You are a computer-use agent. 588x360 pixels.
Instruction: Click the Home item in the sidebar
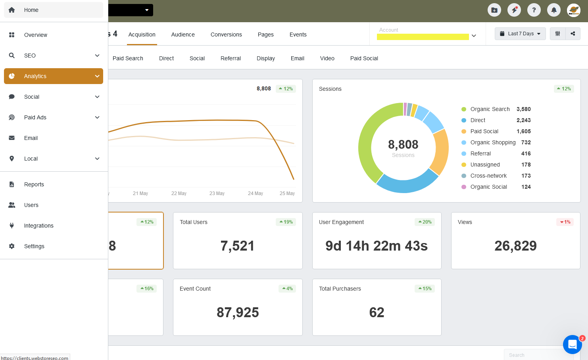(x=31, y=10)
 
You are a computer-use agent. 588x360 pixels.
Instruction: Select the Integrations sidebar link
(x=38, y=226)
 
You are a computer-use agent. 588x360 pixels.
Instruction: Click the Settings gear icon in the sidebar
(x=12, y=246)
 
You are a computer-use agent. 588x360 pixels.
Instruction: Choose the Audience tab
(x=183, y=34)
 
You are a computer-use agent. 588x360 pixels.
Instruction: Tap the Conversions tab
(x=226, y=34)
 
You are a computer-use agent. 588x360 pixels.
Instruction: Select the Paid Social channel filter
(x=364, y=58)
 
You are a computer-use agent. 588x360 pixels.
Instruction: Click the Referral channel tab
(x=231, y=58)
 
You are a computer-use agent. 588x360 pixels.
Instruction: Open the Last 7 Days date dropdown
(x=520, y=34)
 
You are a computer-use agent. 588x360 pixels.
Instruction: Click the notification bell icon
(x=554, y=10)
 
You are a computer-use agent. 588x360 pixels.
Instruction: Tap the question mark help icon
(x=534, y=10)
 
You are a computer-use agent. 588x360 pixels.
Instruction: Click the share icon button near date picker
(x=573, y=34)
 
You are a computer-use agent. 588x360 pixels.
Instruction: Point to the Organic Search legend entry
(x=490, y=109)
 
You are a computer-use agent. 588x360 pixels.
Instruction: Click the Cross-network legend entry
(x=488, y=176)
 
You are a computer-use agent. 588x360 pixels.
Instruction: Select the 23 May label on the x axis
(x=217, y=193)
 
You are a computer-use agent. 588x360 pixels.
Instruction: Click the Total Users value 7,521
(x=237, y=246)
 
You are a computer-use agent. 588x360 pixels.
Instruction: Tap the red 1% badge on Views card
(x=565, y=222)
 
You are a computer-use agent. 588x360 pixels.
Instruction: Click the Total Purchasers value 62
(x=377, y=312)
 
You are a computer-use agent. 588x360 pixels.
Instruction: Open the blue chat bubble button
(x=572, y=345)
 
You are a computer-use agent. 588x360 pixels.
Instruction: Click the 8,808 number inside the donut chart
(x=403, y=144)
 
